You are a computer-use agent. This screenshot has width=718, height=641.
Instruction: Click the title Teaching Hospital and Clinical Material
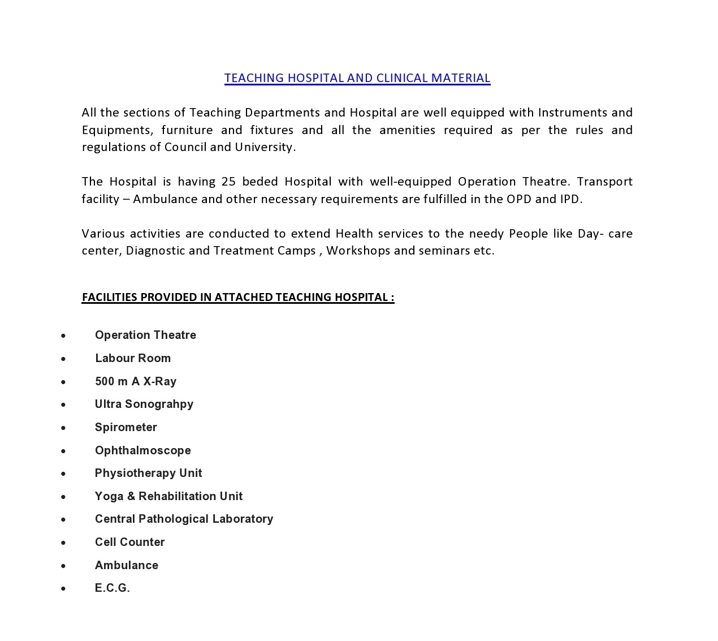[357, 78]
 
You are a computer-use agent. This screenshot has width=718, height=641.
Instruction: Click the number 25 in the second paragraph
[228, 182]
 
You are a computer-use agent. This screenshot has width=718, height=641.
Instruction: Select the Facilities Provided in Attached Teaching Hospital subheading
[238, 297]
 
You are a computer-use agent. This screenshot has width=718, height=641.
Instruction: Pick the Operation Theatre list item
[145, 335]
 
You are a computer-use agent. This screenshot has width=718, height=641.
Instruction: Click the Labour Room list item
[133, 358]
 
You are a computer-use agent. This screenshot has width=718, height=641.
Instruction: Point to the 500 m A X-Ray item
[136, 381]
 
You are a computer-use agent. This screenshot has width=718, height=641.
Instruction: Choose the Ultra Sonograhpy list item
[144, 404]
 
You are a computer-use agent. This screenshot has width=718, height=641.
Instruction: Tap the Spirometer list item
[126, 427]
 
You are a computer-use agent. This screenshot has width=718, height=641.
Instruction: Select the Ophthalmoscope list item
[143, 450]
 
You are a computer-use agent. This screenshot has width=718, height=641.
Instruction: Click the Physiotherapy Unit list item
[149, 473]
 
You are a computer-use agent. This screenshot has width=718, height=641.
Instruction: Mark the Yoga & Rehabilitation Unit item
[169, 496]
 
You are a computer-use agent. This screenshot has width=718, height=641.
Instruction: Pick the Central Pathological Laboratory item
[184, 519]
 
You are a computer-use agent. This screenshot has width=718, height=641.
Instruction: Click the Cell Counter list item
[130, 542]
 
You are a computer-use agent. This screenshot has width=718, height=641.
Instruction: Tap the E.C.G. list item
[113, 588]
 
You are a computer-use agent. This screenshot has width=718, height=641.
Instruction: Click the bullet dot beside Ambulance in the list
[63, 566]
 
